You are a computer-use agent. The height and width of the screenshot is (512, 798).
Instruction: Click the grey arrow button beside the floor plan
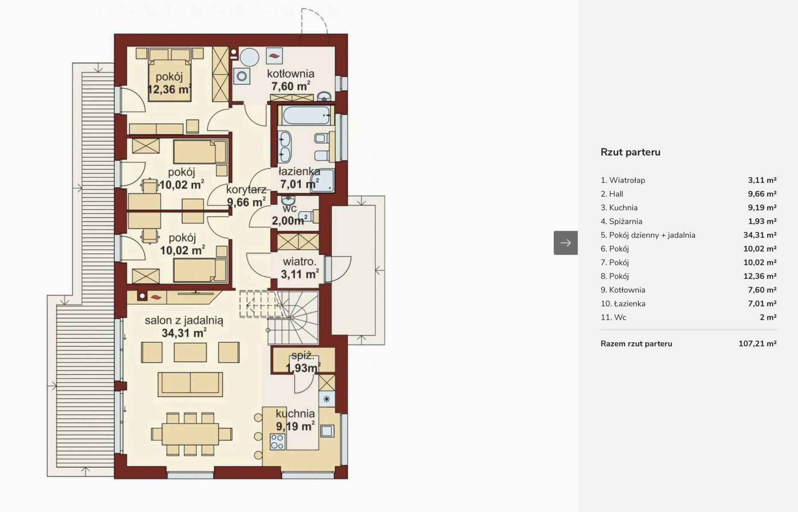click(565, 243)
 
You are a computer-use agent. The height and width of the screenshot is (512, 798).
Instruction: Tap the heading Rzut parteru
click(630, 152)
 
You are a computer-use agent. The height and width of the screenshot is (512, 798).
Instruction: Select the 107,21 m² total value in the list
click(757, 344)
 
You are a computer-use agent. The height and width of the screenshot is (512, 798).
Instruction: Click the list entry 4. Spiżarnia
click(621, 221)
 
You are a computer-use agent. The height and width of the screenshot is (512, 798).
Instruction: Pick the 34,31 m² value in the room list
click(760, 235)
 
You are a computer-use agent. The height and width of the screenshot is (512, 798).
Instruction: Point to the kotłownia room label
click(290, 74)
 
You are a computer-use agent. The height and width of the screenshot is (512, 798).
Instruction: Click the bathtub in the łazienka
click(306, 115)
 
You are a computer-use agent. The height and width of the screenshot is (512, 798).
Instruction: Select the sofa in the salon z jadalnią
click(190, 384)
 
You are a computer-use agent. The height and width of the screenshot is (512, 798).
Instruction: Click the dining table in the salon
click(190, 434)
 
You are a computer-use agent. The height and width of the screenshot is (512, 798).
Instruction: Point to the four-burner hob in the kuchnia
click(277, 442)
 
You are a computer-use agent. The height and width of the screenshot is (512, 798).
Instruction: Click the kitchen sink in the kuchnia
click(327, 431)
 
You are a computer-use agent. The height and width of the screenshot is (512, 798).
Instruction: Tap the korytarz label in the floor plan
click(246, 189)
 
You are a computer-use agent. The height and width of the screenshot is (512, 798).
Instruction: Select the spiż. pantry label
click(303, 356)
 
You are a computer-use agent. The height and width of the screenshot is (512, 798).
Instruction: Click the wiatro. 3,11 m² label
click(300, 268)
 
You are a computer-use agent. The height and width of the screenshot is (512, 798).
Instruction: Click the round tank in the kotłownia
click(249, 57)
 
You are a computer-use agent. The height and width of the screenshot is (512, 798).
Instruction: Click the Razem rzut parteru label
click(636, 344)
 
